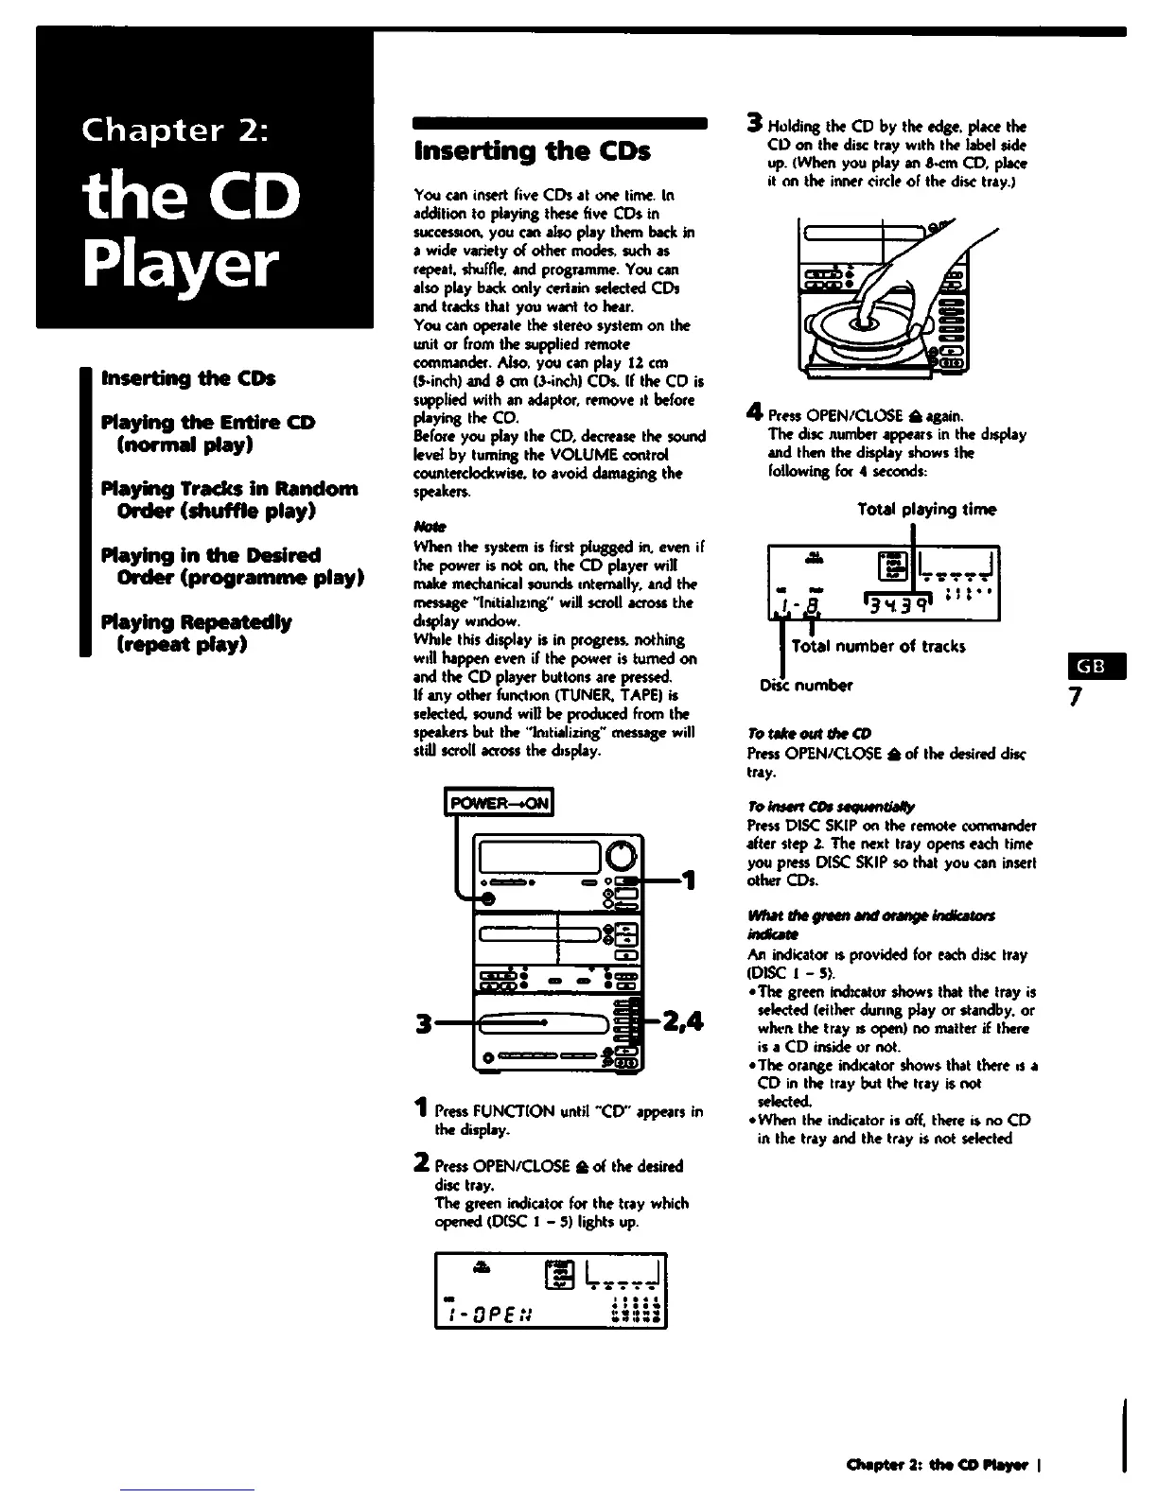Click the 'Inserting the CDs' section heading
tap(533, 151)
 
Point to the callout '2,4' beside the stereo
tap(682, 1021)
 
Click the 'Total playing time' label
tap(926, 510)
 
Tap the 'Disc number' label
tap(806, 685)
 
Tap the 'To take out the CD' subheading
tap(796, 734)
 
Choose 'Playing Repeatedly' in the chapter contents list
tap(196, 622)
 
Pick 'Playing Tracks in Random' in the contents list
tap(230, 489)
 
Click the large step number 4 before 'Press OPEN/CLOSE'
tap(754, 412)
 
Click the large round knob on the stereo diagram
tap(621, 858)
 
